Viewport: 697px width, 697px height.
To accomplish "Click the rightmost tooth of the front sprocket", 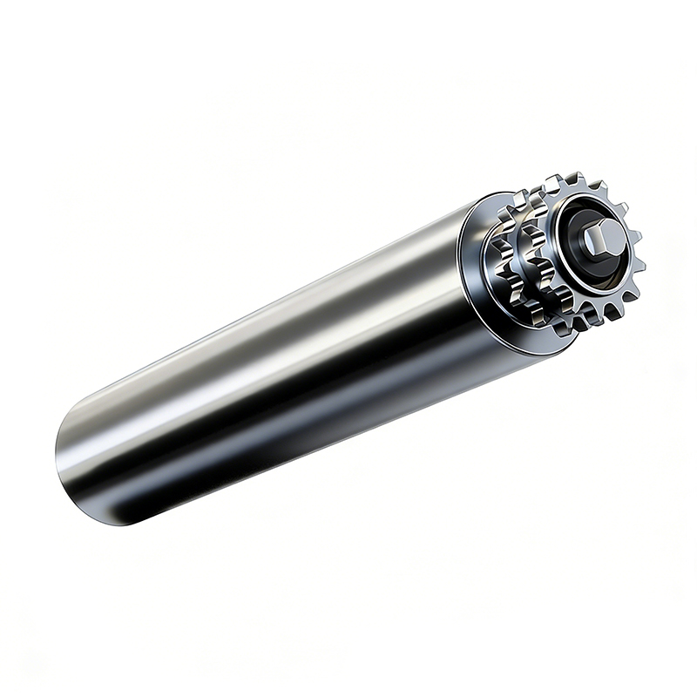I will [634, 235].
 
